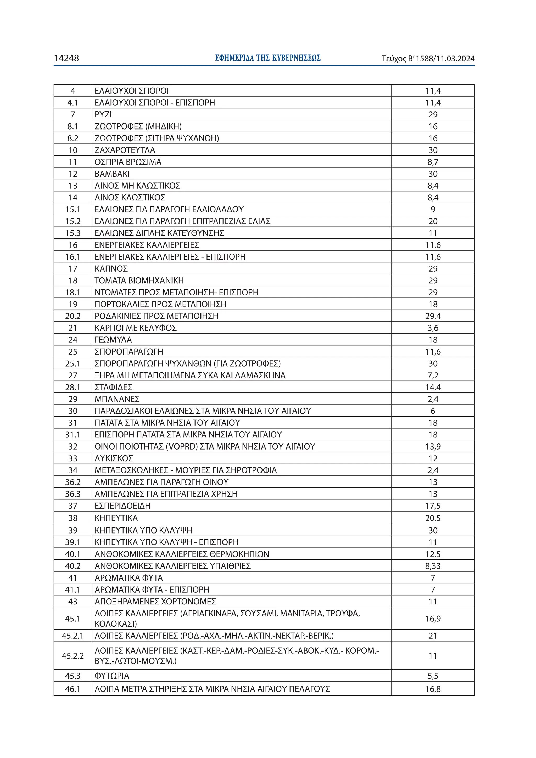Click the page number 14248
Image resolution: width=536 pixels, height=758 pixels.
tap(66, 58)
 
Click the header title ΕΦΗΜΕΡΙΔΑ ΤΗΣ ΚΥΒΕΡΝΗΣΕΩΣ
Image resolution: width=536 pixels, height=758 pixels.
tap(268, 58)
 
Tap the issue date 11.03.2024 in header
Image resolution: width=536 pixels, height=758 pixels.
tap(455, 59)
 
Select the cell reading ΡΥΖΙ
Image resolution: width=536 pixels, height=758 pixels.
tap(103, 115)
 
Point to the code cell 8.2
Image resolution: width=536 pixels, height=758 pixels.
tap(73, 138)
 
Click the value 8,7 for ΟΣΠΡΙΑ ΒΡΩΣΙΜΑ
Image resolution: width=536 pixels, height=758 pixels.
tap(433, 162)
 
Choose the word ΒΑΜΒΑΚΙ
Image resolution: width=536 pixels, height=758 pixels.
tap(112, 174)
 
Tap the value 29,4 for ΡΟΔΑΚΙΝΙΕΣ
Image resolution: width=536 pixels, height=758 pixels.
tap(433, 316)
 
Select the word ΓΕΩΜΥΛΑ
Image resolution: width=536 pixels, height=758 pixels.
tap(113, 340)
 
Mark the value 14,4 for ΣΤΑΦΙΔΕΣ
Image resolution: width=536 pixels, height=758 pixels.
tap(433, 387)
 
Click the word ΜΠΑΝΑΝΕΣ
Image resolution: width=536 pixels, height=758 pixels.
tap(117, 399)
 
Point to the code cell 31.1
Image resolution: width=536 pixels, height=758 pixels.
tap(73, 435)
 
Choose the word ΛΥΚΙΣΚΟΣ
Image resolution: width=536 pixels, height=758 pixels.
tap(114, 459)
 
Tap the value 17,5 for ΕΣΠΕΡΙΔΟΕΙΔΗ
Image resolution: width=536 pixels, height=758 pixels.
tap(433, 506)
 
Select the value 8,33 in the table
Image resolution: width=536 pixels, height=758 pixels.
tap(433, 566)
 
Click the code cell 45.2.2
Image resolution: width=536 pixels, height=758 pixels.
tap(73, 656)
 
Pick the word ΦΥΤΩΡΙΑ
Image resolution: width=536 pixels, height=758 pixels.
tap(112, 676)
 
